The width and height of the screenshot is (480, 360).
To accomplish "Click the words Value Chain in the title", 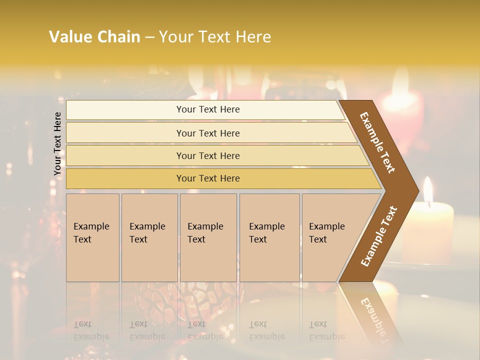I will coord(94,37).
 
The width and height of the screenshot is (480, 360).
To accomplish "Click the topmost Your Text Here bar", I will coord(208,109).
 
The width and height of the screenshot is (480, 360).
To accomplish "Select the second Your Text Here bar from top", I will coord(208,133).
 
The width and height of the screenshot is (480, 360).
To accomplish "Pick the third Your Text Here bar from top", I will coord(208,156).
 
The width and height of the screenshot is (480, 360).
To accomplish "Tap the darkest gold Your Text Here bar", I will coord(208,178).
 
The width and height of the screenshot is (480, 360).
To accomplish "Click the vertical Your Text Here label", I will coord(57,143).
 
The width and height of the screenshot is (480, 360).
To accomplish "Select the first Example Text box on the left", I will coord(92,237).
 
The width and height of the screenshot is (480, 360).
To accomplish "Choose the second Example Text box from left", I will coord(149,237).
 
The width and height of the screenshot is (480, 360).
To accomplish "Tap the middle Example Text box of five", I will coord(208,237).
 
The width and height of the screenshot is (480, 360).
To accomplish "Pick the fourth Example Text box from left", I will coord(269,237).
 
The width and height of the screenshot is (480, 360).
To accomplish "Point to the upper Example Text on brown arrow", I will coord(377,142).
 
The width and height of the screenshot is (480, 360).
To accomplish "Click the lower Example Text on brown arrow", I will coord(378,236).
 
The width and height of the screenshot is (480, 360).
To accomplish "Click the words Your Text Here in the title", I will coord(215,37).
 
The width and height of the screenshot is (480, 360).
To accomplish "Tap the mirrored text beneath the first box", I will coord(91,330).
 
